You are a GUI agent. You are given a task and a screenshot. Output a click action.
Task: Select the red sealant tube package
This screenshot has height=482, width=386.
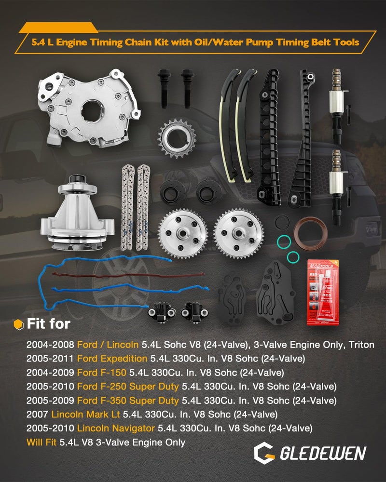(323, 293)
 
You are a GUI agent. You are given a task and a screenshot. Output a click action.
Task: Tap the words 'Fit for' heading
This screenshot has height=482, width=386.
(49, 323)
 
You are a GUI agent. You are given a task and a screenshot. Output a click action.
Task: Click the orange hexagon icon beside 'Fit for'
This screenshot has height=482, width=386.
(18, 324)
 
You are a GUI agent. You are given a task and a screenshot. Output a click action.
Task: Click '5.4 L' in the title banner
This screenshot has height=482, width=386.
(43, 42)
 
